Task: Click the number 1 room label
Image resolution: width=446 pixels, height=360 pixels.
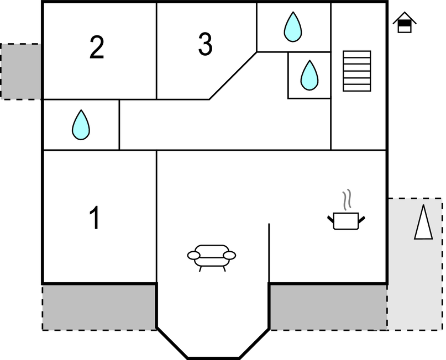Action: point(95,218)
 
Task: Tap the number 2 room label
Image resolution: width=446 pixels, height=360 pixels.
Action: point(97,48)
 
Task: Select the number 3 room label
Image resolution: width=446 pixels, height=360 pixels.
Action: point(205,45)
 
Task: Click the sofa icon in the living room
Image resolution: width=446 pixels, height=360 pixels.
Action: point(212,256)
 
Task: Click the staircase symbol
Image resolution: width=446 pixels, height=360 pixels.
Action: point(356,71)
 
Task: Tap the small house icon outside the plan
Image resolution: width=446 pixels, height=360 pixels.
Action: point(405,24)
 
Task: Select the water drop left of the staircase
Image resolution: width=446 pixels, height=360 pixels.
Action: point(309,75)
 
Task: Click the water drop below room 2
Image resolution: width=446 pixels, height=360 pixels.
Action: point(81,125)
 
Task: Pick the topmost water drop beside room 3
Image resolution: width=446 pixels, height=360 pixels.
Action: point(293,27)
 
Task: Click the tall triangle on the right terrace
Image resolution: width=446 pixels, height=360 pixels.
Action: point(423,222)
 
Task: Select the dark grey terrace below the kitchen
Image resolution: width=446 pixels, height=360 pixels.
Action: point(327,307)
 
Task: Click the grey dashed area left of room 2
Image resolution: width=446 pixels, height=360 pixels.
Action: point(21,71)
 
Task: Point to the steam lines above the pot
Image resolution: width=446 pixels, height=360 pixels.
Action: point(347,200)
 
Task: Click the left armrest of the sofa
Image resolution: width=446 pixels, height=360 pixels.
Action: point(193,255)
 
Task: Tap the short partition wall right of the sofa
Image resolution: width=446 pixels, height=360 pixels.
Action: point(269,252)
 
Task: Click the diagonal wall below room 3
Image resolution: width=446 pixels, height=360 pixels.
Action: point(233,76)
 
